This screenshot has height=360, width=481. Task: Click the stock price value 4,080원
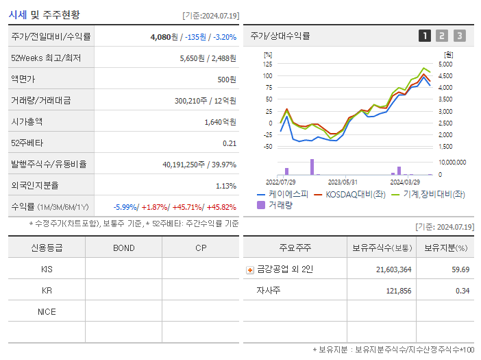tap(164, 37)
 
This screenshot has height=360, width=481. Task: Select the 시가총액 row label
tap(27, 122)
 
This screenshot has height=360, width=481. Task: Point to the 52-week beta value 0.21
tap(230, 143)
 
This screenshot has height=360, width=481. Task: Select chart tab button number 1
tap(425, 36)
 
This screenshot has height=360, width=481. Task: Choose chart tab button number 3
tap(459, 36)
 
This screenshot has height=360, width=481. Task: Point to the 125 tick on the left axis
tap(267, 64)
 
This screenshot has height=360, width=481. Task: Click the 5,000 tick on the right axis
tap(445, 64)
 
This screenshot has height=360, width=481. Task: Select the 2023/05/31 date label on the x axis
tap(343, 182)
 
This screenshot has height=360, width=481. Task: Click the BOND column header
tap(123, 248)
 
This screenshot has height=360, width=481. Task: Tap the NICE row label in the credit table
tap(47, 312)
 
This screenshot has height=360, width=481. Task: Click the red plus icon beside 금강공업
tap(249, 270)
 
